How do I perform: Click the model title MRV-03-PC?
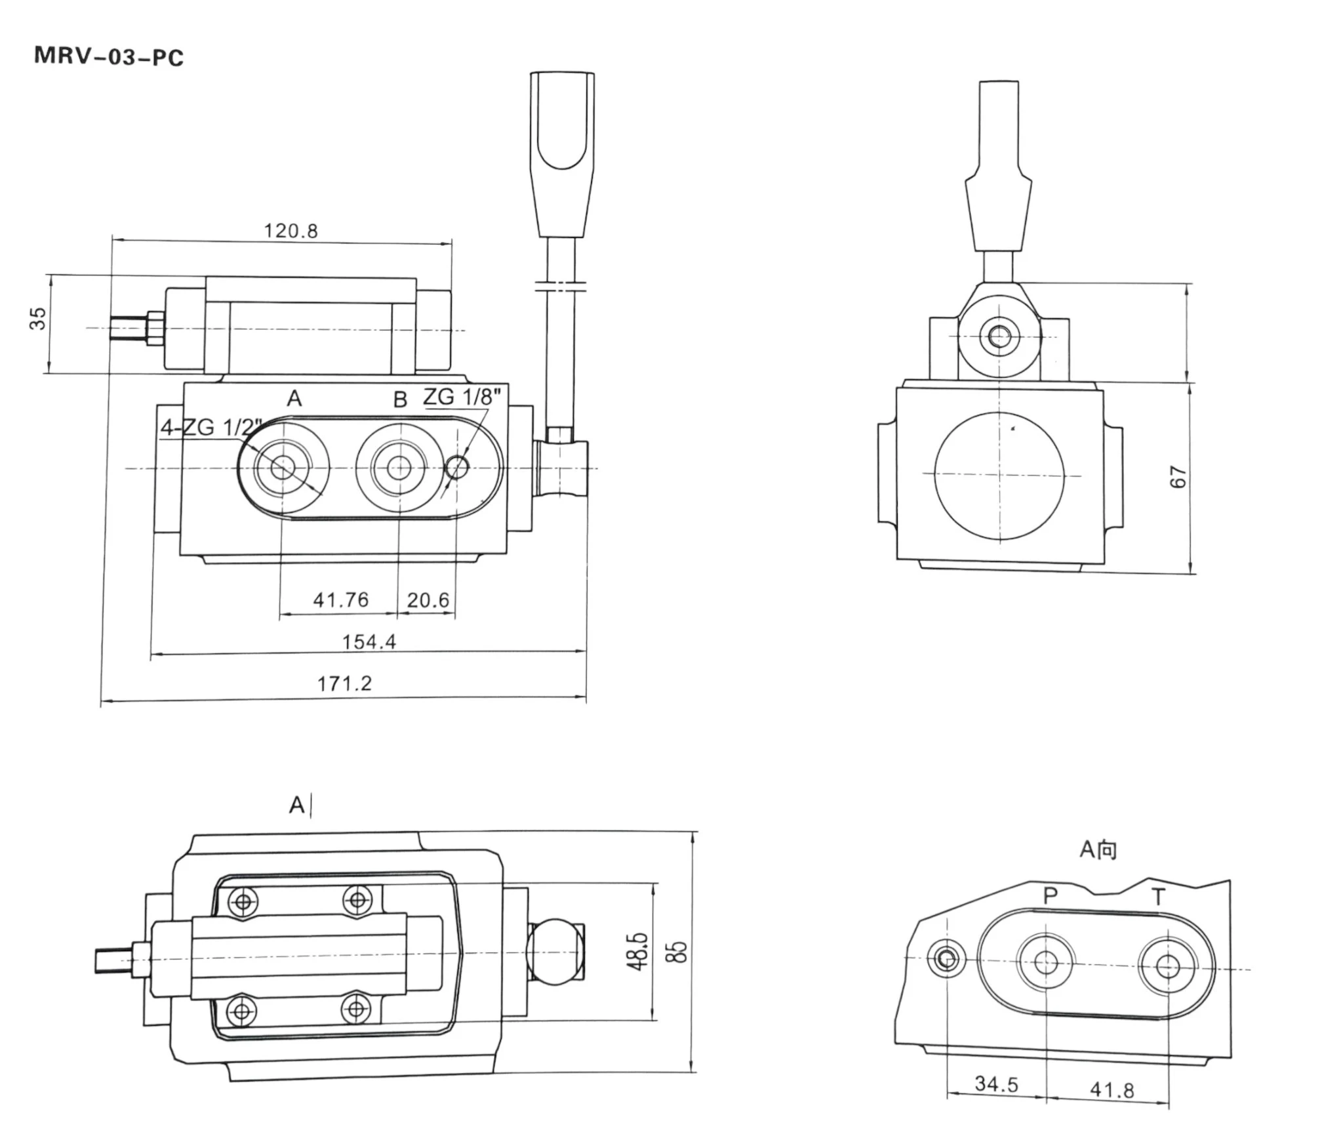point(109,57)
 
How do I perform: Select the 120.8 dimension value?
point(291,231)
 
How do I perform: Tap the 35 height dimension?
point(39,318)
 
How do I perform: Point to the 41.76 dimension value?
point(340,600)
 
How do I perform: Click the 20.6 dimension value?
point(428,600)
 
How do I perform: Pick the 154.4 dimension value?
point(369,642)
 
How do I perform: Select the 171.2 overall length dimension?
point(344,684)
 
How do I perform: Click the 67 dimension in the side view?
point(1178,476)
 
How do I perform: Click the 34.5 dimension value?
point(996,1084)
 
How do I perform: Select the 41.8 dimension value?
point(1112,1090)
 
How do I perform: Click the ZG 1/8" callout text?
point(462,396)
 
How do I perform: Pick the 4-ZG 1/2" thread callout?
point(211,427)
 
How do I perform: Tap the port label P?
point(1050,895)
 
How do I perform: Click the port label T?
point(1159,896)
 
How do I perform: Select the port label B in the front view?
point(400,399)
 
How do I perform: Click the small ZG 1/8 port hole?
point(456,468)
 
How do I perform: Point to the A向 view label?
point(1098,849)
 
